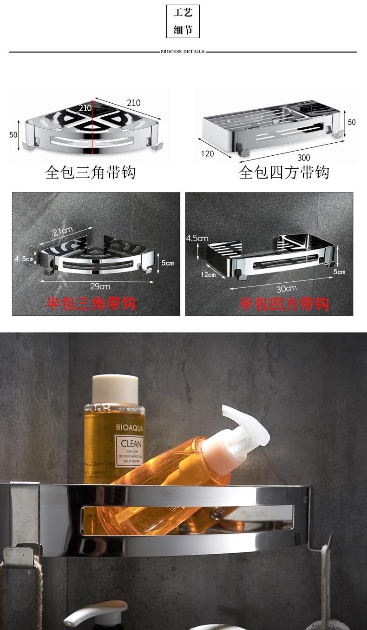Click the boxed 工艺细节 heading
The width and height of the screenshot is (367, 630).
[x=183, y=21]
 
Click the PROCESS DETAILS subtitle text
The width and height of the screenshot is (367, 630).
[x=183, y=52]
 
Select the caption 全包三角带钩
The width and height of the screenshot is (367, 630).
[x=90, y=172]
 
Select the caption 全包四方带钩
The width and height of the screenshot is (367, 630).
[x=284, y=172]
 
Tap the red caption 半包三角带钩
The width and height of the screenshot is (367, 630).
[x=91, y=304]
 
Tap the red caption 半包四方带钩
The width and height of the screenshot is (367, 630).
[x=284, y=304]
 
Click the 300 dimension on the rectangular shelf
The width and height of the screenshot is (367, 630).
[x=303, y=158]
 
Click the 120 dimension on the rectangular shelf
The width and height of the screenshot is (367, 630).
[x=207, y=153]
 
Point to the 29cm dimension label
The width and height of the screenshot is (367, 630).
[x=100, y=286]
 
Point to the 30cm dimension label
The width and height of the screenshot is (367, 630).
[x=286, y=288]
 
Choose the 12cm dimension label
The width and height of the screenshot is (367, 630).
[x=208, y=274]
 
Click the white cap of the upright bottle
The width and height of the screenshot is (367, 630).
[x=115, y=389]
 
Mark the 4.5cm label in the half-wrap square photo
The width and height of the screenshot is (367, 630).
[x=197, y=239]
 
